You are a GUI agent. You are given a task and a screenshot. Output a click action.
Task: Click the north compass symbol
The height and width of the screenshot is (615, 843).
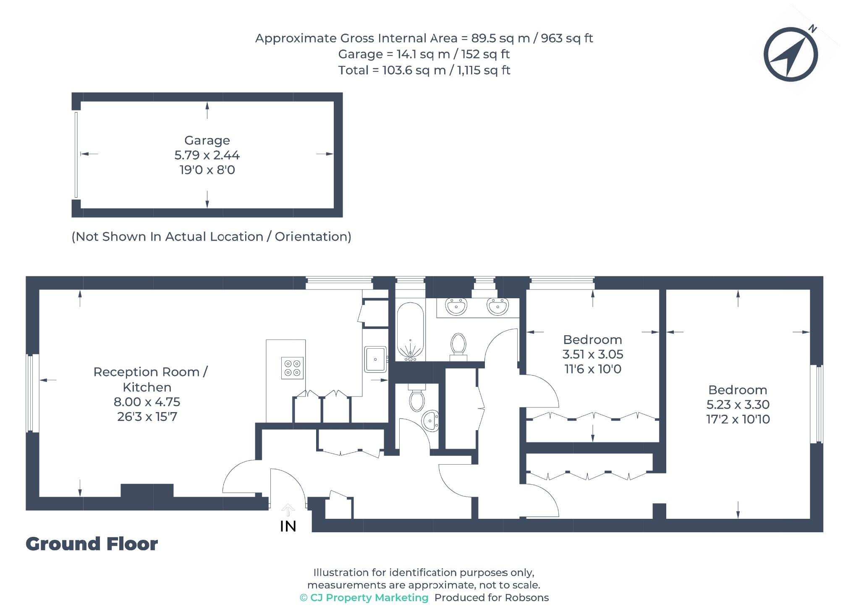click(790, 54)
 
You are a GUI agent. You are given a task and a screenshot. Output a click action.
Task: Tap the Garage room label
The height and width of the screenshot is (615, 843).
click(207, 140)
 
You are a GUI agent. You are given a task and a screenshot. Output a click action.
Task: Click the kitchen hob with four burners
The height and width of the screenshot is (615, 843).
click(292, 368)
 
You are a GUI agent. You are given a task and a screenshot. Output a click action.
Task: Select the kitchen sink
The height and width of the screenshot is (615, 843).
click(375, 359)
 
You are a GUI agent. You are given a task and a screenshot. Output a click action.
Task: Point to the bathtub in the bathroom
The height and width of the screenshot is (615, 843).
click(410, 331)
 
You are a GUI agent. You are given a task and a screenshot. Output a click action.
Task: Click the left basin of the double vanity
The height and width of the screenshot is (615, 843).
click(456, 306)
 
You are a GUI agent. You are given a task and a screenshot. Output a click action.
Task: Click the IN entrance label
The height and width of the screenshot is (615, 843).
click(288, 526)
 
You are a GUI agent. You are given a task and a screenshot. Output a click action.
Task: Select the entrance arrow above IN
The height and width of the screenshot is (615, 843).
click(288, 510)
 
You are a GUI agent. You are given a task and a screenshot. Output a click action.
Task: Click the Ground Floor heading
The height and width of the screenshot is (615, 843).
click(92, 544)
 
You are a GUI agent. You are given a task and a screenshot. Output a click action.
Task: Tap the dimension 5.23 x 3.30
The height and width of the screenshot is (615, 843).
click(738, 405)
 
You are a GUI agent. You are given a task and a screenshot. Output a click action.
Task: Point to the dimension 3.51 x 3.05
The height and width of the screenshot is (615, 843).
click(592, 354)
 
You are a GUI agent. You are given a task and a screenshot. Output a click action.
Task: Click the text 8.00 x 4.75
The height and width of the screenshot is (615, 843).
click(147, 402)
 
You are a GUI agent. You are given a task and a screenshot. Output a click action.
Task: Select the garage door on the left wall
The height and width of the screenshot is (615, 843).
click(76, 155)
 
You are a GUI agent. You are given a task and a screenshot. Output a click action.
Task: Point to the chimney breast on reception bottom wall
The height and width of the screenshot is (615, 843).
click(147, 490)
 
